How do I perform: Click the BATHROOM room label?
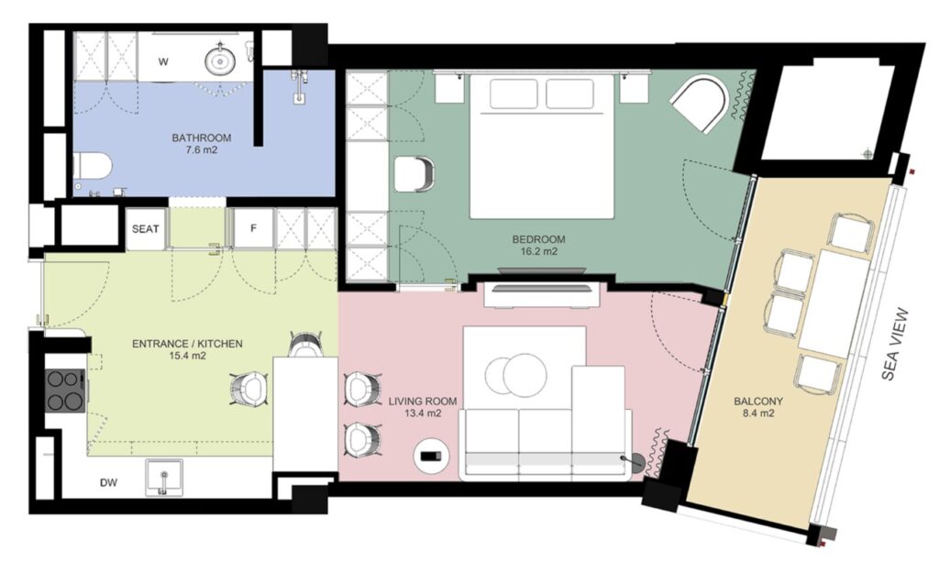pos(201,138)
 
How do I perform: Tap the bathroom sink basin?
pos(220,60)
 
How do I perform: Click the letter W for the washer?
pos(163,61)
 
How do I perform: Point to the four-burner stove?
pos(65,391)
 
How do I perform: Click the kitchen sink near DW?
pos(164,478)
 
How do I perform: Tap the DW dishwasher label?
pos(108,482)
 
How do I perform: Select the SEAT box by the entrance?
pos(146,228)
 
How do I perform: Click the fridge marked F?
pos(253,228)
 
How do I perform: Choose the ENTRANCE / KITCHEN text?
pos(187,344)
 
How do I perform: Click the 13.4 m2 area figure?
pos(423,413)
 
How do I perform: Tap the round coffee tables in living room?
pos(515,375)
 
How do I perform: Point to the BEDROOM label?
pos(538,239)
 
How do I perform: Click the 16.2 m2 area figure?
pos(538,251)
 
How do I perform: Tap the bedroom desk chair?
pos(415,174)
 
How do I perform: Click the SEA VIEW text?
pos(895,345)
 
